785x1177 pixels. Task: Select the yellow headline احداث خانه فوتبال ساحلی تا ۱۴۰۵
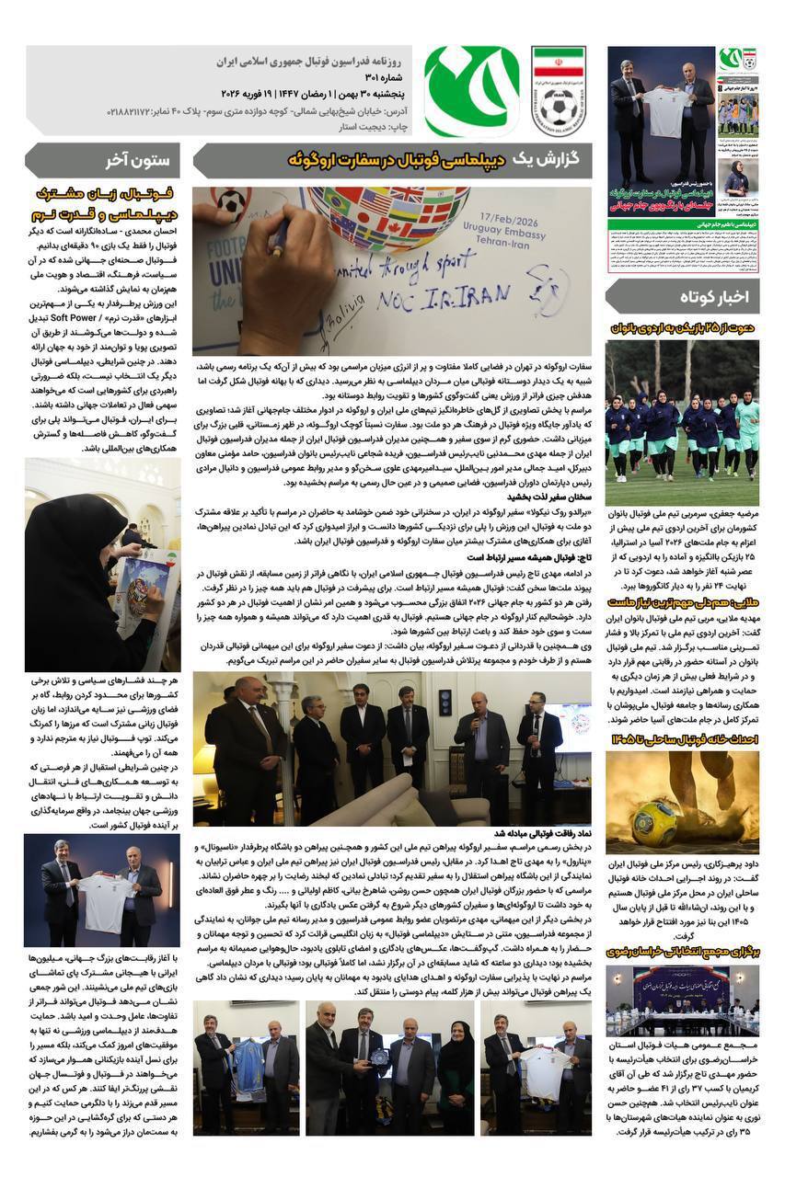[x=683, y=740]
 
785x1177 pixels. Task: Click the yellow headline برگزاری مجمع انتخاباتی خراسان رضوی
[x=683, y=952]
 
